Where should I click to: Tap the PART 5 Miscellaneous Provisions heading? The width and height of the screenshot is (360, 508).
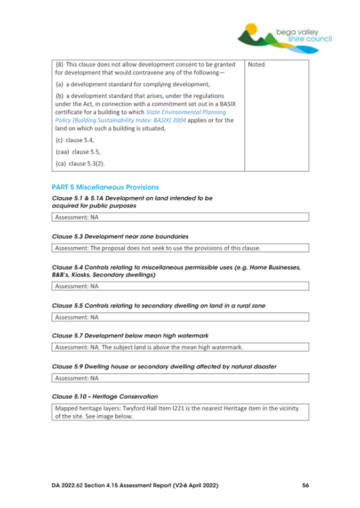[105, 188]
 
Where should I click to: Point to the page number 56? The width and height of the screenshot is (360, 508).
[305, 486]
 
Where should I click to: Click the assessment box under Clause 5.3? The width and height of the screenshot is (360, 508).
[180, 248]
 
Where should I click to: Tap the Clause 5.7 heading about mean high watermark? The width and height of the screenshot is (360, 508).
[130, 336]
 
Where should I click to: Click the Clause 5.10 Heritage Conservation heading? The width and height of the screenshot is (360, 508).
[105, 397]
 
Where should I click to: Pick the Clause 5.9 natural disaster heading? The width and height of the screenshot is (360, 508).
[164, 367]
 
